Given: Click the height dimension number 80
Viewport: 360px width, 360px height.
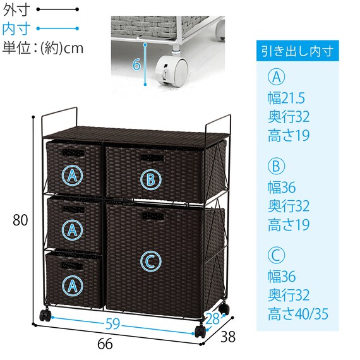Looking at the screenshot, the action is pyautogui.click(x=20, y=220).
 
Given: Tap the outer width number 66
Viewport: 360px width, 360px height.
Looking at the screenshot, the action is pyautogui.click(x=105, y=344).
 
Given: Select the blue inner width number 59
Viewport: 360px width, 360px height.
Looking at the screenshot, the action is pyautogui.click(x=112, y=324).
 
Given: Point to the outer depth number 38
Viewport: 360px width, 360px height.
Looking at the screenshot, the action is pyautogui.click(x=228, y=337).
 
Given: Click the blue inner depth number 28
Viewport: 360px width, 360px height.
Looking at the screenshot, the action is pyautogui.click(x=212, y=318).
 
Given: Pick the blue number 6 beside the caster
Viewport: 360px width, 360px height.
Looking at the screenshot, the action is pyautogui.click(x=136, y=64).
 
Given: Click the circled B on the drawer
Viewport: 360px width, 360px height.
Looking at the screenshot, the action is pyautogui.click(x=151, y=179).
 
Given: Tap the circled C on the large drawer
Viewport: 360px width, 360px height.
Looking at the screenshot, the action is pyautogui.click(x=151, y=261).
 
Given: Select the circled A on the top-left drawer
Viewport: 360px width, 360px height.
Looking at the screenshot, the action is pyautogui.click(x=73, y=176).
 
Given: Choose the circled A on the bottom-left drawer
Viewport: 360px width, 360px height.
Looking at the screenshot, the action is pyautogui.click(x=73, y=285).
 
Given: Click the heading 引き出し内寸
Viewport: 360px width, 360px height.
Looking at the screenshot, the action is pyautogui.click(x=297, y=51).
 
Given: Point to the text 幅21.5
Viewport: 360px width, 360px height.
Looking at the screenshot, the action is pyautogui.click(x=286, y=98).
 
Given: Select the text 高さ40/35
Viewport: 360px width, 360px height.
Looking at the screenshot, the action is pyautogui.click(x=298, y=314).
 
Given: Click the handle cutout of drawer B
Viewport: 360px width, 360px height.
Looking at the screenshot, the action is pyautogui.click(x=152, y=158).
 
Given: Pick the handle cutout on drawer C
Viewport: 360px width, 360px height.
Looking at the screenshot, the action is pyautogui.click(x=153, y=216).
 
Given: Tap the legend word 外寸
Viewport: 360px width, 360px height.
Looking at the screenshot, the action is pyautogui.click(x=16, y=9).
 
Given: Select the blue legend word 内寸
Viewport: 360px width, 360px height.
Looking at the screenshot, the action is pyautogui.click(x=16, y=28).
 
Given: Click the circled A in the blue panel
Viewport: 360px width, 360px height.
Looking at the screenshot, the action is pyautogui.click(x=277, y=77).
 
